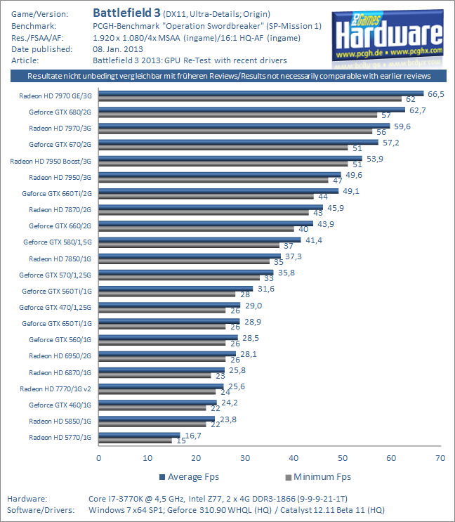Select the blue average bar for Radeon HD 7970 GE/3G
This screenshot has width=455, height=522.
(261, 93)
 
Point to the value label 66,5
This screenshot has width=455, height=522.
(435, 93)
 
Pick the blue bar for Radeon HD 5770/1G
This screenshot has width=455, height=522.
(139, 436)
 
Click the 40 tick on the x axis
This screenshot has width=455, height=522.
(294, 458)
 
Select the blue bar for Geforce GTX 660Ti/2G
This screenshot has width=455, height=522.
(218, 190)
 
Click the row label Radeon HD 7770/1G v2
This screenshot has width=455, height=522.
(55, 388)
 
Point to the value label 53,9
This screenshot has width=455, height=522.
(374, 159)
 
